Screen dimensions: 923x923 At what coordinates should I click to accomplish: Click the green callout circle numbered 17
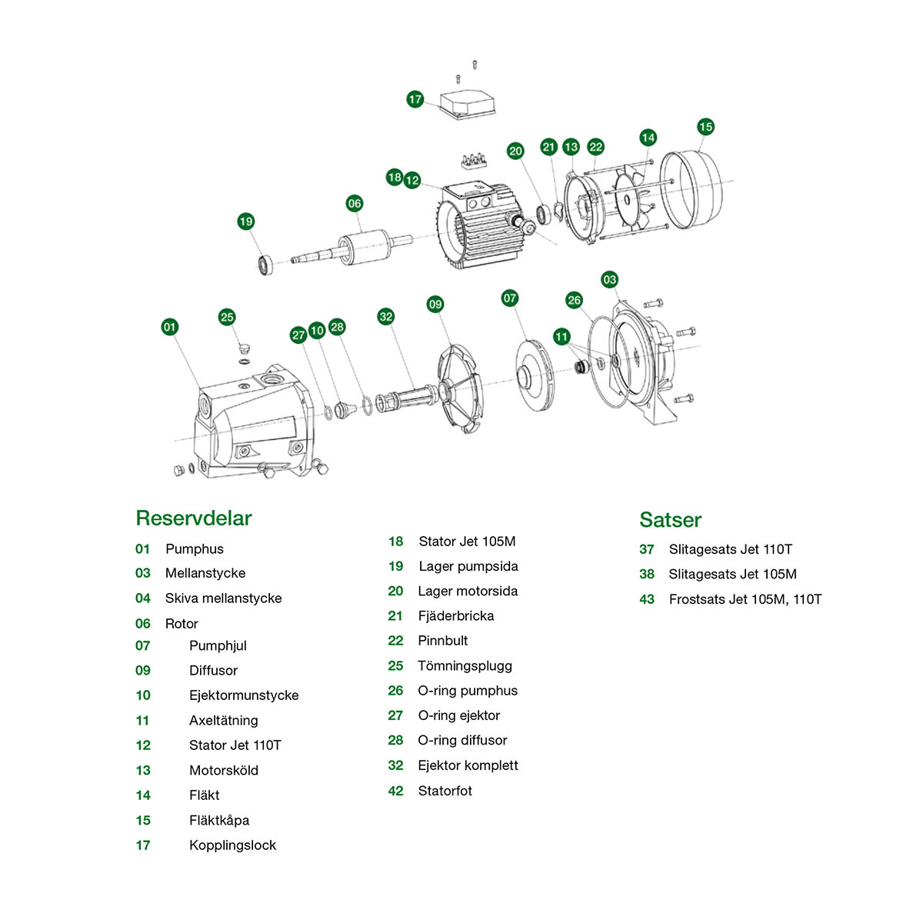tap(415, 99)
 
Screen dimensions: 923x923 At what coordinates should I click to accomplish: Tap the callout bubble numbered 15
tap(705, 127)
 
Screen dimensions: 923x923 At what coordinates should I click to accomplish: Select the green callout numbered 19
tap(245, 222)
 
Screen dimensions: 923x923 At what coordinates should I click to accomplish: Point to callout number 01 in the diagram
tap(170, 327)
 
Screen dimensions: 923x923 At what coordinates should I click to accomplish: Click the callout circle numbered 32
tap(386, 316)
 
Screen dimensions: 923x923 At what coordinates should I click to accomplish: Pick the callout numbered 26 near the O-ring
tap(574, 300)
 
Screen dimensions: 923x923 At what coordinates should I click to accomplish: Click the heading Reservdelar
tap(194, 518)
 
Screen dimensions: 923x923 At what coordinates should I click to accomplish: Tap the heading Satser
tap(670, 520)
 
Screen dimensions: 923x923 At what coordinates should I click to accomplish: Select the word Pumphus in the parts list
tap(195, 549)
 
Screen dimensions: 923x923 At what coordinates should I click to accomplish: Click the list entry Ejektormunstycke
tap(244, 695)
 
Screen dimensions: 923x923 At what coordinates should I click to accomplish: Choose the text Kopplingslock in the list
tap(232, 845)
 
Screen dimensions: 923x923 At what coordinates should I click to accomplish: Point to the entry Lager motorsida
tap(468, 591)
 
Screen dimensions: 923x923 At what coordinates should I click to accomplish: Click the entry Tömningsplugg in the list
tap(465, 666)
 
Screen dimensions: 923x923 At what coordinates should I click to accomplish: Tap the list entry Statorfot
tap(445, 791)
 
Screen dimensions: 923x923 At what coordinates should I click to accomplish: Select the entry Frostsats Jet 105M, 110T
tap(745, 599)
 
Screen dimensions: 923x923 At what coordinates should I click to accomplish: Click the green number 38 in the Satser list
tap(647, 575)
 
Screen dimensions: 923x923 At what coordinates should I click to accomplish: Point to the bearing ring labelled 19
tap(265, 265)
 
